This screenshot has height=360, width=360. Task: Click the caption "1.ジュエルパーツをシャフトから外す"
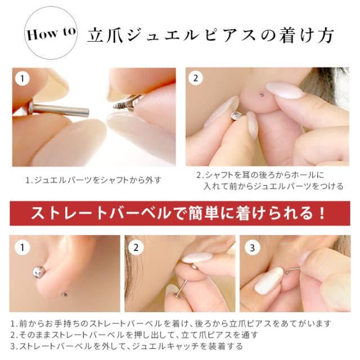click(93, 181)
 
